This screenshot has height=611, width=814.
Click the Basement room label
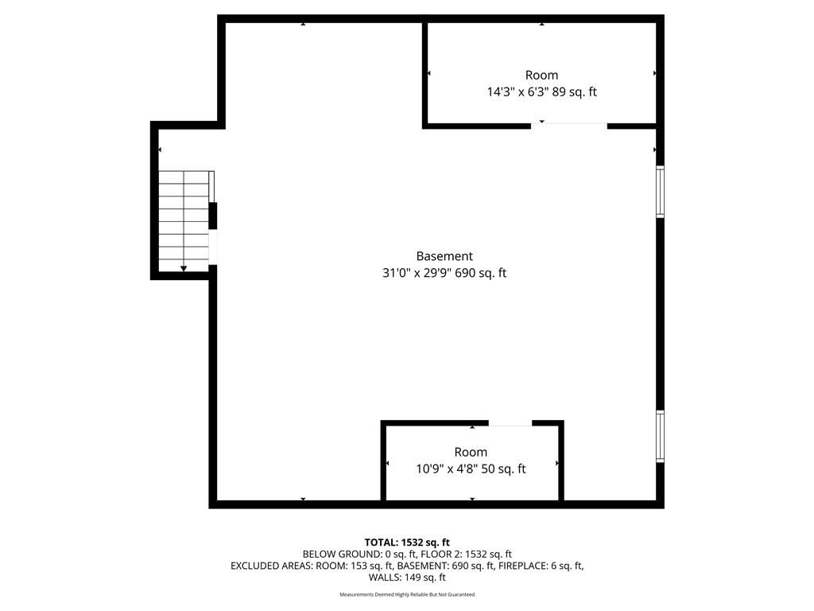pos(444,256)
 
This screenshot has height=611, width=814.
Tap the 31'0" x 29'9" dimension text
pos(417,273)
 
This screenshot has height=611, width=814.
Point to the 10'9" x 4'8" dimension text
pos(447,469)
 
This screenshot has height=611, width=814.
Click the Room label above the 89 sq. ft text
pos(541,76)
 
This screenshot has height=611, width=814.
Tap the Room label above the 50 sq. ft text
pos(471,452)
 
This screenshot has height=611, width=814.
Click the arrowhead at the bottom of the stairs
pos(184,268)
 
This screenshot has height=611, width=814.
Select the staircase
pos(184,221)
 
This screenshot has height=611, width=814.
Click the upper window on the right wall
pos(661,191)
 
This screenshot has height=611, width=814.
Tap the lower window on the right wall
pos(661,436)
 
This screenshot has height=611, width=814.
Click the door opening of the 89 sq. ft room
pos(569,125)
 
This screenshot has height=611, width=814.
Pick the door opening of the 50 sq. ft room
pos(510,424)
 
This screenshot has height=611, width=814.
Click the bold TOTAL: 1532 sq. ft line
pos(407,543)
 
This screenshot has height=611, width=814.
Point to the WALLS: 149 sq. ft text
pos(407,578)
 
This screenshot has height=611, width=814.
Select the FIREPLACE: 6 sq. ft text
pos(541,566)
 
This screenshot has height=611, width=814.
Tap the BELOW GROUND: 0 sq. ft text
pos(359,555)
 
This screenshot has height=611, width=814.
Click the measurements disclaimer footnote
pos(407,594)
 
